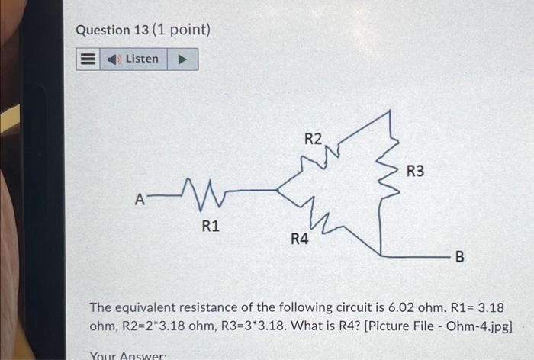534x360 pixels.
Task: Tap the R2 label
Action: click(x=313, y=139)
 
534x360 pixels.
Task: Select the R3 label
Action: click(x=416, y=172)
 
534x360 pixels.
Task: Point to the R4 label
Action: click(x=300, y=239)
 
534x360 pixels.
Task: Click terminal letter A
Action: click(x=139, y=200)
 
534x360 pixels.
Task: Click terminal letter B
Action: click(x=459, y=256)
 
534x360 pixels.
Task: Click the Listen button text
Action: click(x=142, y=59)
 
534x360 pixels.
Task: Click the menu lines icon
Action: click(x=87, y=59)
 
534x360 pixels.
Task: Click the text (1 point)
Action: click(x=182, y=30)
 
